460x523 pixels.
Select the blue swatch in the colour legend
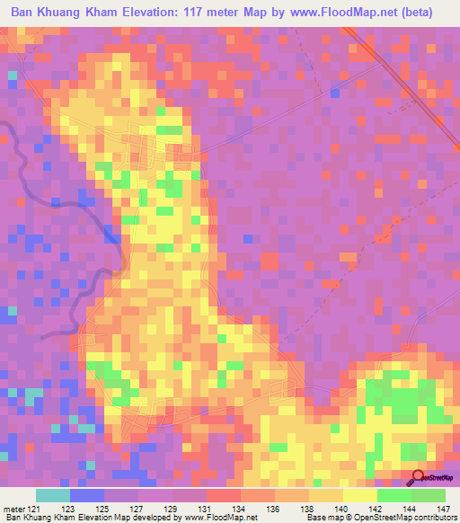click(x=87, y=496)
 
